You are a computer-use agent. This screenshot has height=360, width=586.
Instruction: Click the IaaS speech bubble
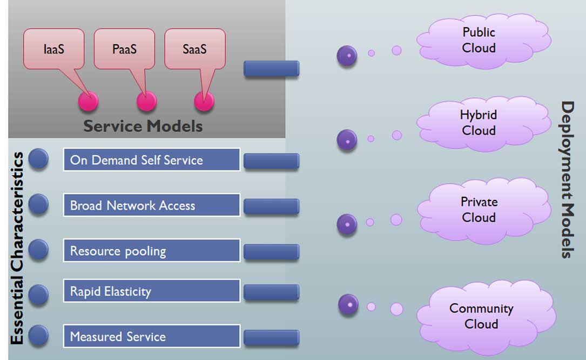(53, 49)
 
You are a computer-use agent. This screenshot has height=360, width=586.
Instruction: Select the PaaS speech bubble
(124, 49)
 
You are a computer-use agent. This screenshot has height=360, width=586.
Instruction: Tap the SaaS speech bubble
(194, 49)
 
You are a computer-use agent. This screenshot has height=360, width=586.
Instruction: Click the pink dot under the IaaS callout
(88, 101)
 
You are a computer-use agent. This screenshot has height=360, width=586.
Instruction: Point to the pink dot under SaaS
(204, 101)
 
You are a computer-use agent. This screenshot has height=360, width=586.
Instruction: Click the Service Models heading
(143, 126)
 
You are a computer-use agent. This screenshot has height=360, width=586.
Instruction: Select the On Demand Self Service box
(151, 160)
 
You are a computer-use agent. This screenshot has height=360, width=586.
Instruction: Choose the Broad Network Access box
(151, 205)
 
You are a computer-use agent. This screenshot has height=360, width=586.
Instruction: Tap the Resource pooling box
(151, 251)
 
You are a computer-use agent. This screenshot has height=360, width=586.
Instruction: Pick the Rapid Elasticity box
(151, 291)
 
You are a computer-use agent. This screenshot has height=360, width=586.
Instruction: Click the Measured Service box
(151, 336)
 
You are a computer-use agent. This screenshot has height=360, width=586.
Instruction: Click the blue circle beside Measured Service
(38, 336)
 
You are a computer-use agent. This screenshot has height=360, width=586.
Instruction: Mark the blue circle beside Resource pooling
(38, 249)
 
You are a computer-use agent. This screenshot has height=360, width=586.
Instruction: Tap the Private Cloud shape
(479, 209)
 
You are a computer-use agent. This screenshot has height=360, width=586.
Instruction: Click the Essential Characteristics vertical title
(17, 248)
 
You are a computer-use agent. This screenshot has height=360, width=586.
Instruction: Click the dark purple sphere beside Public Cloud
(347, 56)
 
